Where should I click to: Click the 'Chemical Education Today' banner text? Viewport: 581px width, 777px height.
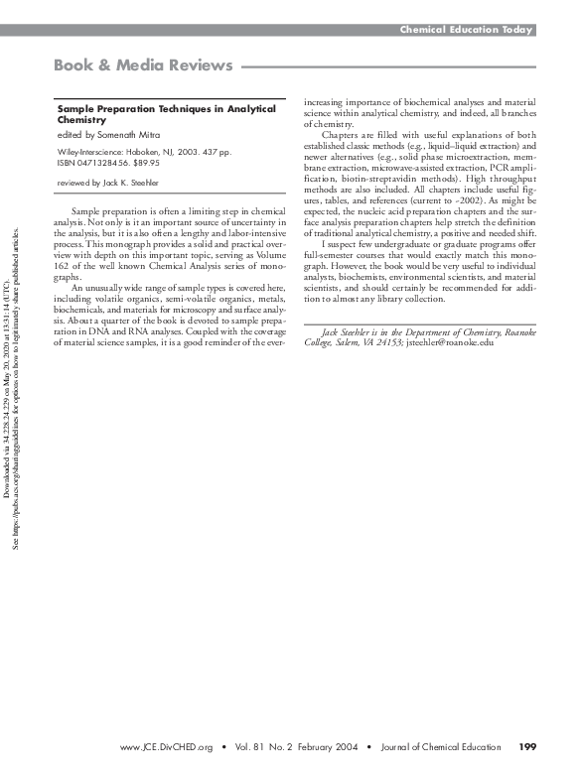pos(466,30)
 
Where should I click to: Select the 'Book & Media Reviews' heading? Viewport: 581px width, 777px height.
pos(143,66)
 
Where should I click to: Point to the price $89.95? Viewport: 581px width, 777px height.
pos(146,163)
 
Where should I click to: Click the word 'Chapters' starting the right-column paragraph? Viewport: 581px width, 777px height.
pos(342,134)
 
